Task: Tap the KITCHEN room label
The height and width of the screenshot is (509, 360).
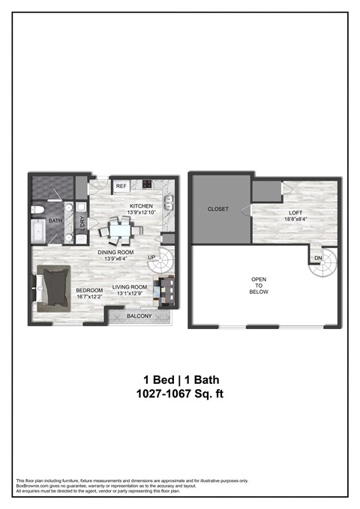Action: coord(141,206)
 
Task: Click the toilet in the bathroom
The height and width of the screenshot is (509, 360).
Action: coord(38,209)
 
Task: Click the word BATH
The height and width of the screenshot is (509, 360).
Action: coord(55,221)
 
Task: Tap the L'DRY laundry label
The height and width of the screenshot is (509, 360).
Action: coord(82,223)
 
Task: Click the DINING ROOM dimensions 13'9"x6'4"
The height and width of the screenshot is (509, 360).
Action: coord(115,260)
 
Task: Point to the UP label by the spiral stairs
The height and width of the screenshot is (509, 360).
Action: coord(152,258)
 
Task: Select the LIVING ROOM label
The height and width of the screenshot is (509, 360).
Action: coord(128,287)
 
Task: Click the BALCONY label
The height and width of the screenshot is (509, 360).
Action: coord(139,316)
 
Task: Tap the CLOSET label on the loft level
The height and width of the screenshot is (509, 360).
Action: coord(217,209)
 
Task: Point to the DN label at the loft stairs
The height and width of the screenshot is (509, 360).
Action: coord(317,258)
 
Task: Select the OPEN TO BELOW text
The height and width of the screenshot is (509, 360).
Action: coord(259,287)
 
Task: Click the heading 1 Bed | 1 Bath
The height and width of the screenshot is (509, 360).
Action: coord(180,379)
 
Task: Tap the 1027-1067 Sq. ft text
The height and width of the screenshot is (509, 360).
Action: coord(180,393)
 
